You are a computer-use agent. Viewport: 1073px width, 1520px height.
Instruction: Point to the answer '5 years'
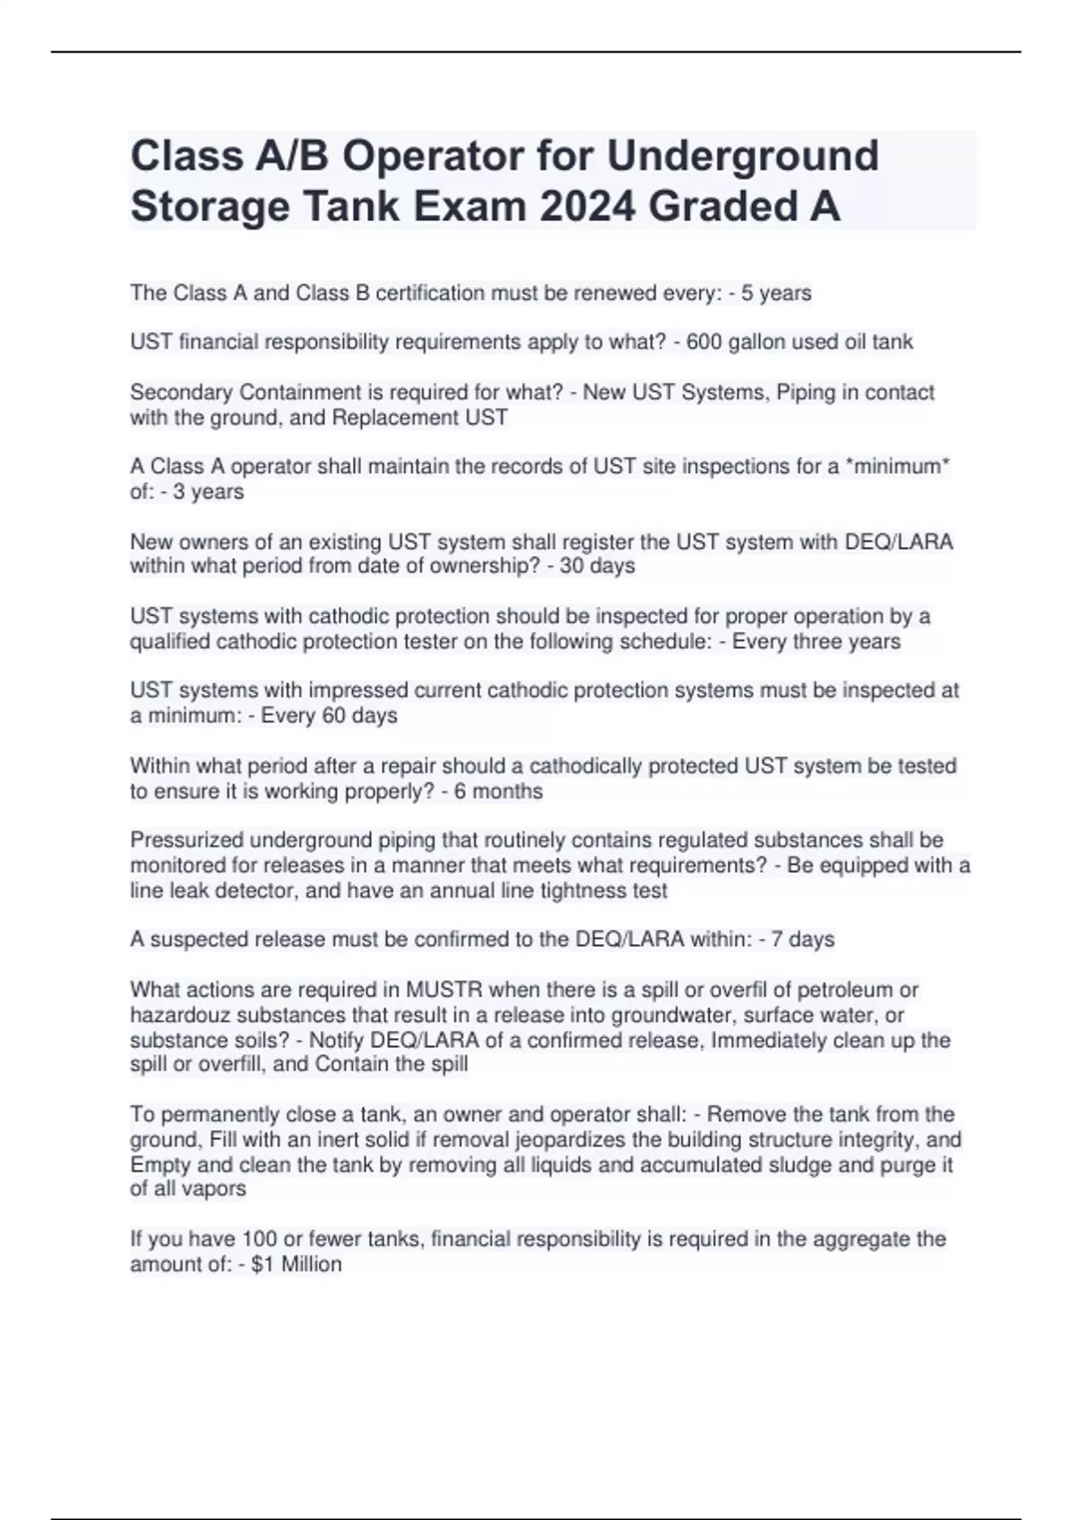click(x=776, y=293)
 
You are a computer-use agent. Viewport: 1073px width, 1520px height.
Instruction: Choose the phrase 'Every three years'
click(x=816, y=641)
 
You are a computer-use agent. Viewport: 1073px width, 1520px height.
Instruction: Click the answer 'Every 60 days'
click(x=329, y=715)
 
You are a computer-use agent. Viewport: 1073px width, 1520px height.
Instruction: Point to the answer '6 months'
click(x=498, y=791)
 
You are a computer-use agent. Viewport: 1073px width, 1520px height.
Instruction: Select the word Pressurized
click(x=187, y=840)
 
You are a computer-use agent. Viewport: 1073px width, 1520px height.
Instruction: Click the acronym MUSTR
click(x=444, y=990)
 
